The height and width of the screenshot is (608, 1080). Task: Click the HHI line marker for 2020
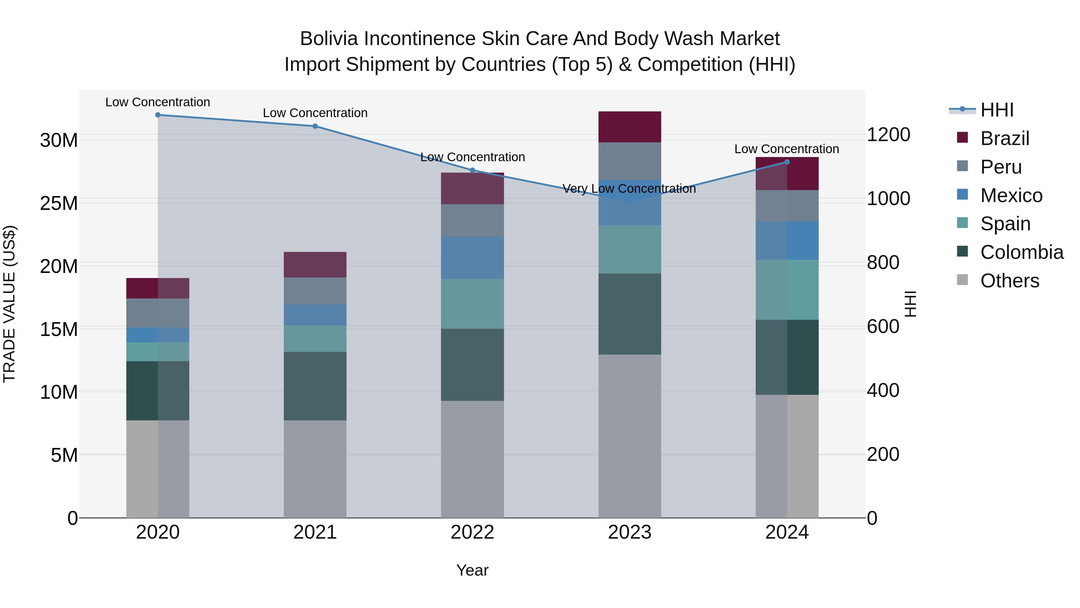tap(157, 115)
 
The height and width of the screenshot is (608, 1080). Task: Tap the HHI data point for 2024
tap(787, 162)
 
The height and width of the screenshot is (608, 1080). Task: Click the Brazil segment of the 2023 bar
tap(629, 127)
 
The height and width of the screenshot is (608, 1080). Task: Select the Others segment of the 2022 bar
tap(472, 459)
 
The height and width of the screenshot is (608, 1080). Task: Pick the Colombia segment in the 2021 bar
tap(315, 386)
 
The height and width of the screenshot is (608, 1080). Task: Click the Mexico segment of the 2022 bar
tap(472, 258)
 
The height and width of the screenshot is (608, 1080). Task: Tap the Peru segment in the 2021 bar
tap(315, 291)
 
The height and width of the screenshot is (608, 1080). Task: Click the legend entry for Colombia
tap(1021, 252)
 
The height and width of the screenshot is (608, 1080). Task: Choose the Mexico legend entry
tap(1011, 195)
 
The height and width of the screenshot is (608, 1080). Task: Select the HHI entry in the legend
tap(997, 110)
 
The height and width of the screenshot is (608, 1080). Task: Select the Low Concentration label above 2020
tap(157, 102)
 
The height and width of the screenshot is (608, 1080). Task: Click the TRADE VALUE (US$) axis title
tap(9, 304)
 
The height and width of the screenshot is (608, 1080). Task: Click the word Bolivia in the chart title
tap(329, 39)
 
